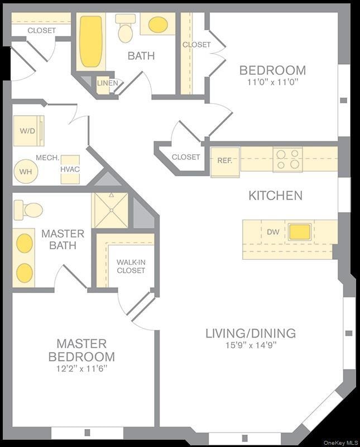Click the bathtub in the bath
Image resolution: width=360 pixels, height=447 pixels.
point(90,41)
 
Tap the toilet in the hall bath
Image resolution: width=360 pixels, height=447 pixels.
point(125,29)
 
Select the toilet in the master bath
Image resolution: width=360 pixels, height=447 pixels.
point(29,210)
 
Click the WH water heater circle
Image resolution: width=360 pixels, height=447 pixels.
point(26,172)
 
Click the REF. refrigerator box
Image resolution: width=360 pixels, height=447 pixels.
point(224,160)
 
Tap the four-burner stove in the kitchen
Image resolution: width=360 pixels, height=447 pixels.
point(287,159)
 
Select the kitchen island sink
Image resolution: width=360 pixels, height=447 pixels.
point(300,231)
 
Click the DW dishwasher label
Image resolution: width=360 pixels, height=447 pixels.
point(273,231)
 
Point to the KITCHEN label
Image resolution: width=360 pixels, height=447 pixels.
point(275,196)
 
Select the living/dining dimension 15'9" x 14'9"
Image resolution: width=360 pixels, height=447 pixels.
point(249,345)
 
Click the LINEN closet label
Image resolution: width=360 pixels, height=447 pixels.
point(107,83)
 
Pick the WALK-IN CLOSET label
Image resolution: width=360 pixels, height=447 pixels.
point(131,266)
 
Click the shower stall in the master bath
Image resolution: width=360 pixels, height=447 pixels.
point(111,210)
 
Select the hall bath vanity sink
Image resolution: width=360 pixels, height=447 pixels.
point(158,25)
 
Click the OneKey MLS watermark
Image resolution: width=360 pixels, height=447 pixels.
point(340,443)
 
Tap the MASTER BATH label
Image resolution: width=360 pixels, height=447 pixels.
point(63,239)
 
